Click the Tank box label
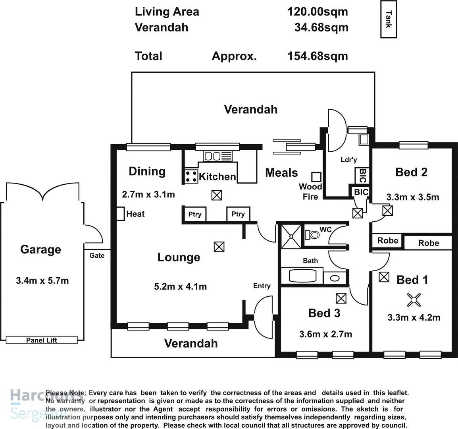pyautogui.click(x=389, y=19)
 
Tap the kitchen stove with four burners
pyautogui.click(x=191, y=176)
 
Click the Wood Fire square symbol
pyautogui.click(x=316, y=177)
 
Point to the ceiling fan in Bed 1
pyautogui.click(x=414, y=300)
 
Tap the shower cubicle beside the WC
pyautogui.click(x=292, y=236)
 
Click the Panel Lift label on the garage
pyautogui.click(x=41, y=340)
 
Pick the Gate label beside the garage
pyautogui.click(x=97, y=255)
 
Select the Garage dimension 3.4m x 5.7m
pyautogui.click(x=42, y=280)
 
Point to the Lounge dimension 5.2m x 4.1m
pyautogui.click(x=180, y=286)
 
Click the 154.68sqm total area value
pyautogui.click(x=318, y=56)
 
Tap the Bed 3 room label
pyautogui.click(x=324, y=313)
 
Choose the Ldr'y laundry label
pyautogui.click(x=349, y=160)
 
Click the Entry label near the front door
pyautogui.click(x=262, y=286)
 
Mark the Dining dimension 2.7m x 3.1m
pyautogui.click(x=148, y=194)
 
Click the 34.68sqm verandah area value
pyautogui.click(x=321, y=27)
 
